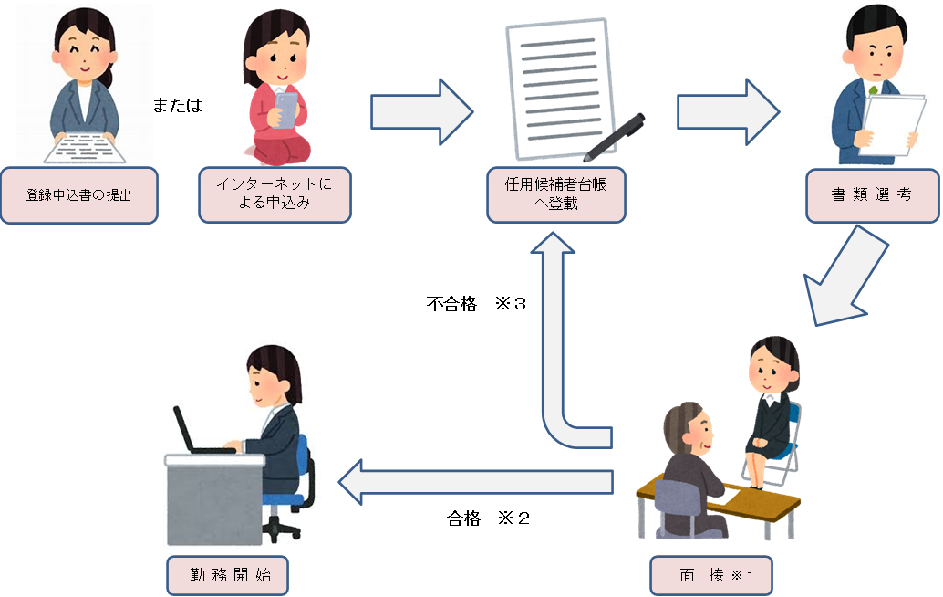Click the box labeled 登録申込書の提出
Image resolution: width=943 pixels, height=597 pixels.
[78, 195]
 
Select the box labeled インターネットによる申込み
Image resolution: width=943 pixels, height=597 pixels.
[275, 194]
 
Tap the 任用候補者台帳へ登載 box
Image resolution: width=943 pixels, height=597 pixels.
[555, 194]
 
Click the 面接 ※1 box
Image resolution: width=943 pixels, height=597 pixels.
[711, 576]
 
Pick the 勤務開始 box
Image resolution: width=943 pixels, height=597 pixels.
[226, 576]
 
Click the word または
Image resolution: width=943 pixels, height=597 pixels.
[177, 106]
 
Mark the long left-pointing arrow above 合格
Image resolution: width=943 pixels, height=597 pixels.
[474, 481]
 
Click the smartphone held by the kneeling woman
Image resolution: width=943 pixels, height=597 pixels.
[287, 110]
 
